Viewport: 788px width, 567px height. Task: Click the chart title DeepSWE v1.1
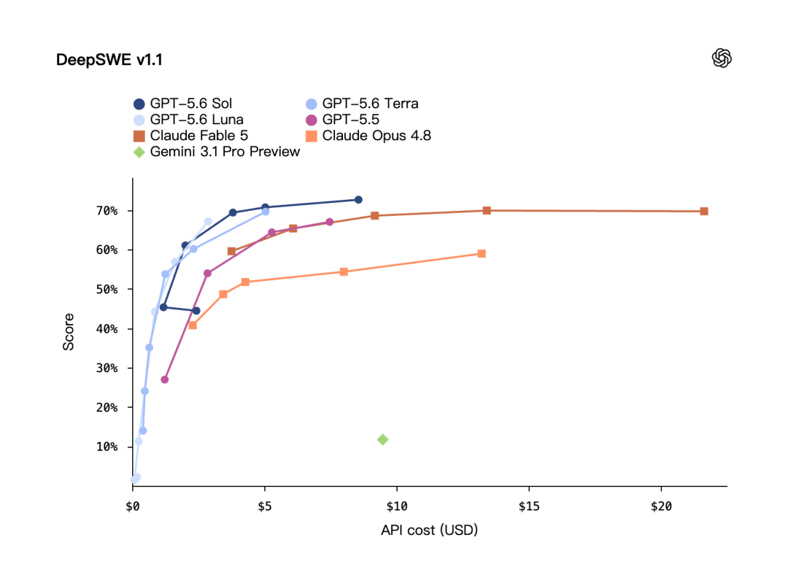pyautogui.click(x=109, y=60)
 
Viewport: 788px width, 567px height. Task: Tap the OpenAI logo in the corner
pyautogui.click(x=722, y=58)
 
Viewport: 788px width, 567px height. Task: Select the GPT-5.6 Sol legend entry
pyautogui.click(x=183, y=104)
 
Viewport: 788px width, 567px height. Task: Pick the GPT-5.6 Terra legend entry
pyautogui.click(x=362, y=104)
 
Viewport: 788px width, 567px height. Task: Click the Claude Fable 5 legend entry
pyautogui.click(x=191, y=136)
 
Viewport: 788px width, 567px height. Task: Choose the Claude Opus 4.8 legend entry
pyautogui.click(x=368, y=136)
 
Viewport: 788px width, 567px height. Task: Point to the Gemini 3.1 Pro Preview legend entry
pyautogui.click(x=217, y=152)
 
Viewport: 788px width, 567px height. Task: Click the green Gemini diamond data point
pyautogui.click(x=382, y=440)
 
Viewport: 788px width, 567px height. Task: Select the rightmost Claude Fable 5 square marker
pyautogui.click(x=704, y=212)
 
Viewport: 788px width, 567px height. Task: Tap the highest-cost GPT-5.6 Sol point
pyautogui.click(x=358, y=200)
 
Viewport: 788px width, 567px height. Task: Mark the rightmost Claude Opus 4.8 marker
pyautogui.click(x=482, y=254)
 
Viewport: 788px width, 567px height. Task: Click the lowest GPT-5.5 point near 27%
pyautogui.click(x=165, y=379)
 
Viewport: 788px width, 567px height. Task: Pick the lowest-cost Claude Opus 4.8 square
pyautogui.click(x=193, y=325)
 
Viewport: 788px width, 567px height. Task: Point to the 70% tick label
pyautogui.click(x=107, y=211)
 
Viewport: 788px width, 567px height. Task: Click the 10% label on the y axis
pyautogui.click(x=107, y=447)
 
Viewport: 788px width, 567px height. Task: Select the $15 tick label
pyautogui.click(x=529, y=506)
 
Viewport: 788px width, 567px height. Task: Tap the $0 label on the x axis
pyautogui.click(x=133, y=506)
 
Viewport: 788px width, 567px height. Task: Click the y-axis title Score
pyautogui.click(x=69, y=332)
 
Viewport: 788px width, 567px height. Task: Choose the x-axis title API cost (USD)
pyautogui.click(x=429, y=531)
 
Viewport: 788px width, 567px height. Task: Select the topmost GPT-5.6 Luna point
pyautogui.click(x=208, y=222)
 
